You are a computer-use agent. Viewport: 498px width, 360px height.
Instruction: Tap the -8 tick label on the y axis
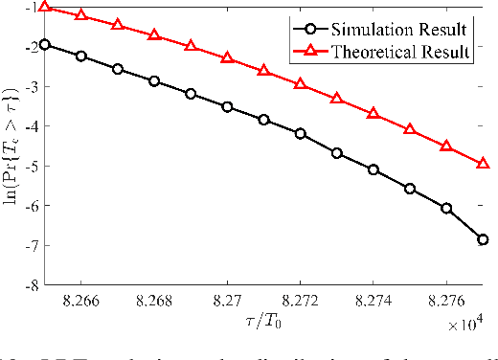(33, 285)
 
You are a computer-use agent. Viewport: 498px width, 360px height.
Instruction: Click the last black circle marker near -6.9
(483, 239)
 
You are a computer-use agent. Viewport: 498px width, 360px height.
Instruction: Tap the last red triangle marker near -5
(483, 164)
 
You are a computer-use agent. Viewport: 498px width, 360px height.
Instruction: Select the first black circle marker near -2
(45, 45)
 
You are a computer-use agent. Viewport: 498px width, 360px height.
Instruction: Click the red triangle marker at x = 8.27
(227, 58)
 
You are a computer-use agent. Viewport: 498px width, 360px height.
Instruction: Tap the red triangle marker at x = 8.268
(154, 34)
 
